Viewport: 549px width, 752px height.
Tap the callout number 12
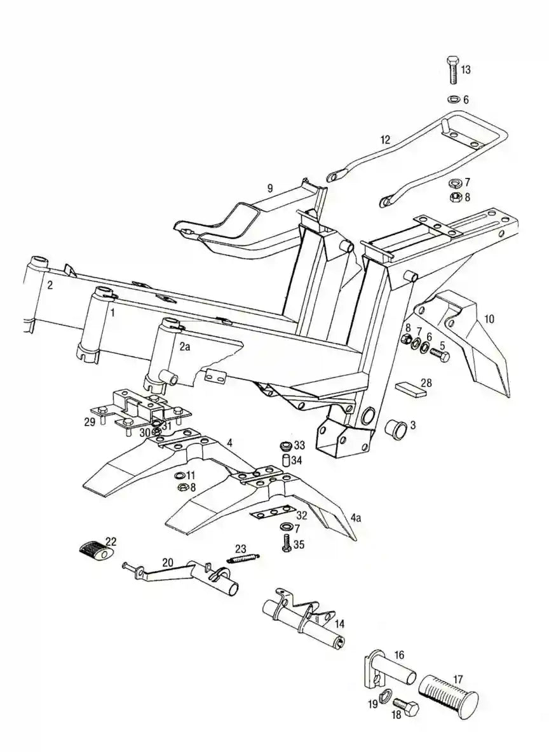385,140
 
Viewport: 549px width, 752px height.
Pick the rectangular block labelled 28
410,387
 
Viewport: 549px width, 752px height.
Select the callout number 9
270,188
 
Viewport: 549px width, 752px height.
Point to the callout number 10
488,319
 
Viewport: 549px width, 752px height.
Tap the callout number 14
340,623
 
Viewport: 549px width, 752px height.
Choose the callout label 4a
356,518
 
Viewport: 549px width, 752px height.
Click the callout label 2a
184,346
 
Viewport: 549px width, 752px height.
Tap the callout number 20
167,562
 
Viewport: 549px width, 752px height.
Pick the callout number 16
399,654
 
